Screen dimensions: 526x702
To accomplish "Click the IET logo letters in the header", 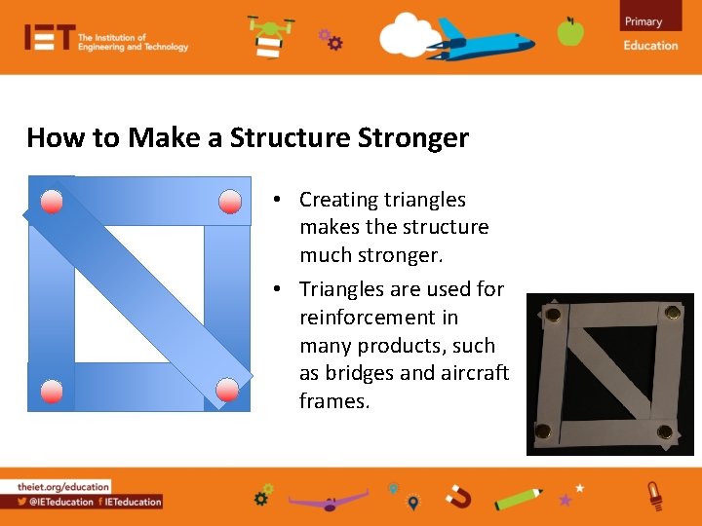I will point(49,37).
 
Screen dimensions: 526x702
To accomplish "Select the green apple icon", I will point(570,31).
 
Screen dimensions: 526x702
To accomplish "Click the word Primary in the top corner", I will point(643,21).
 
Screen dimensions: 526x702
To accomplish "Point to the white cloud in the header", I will point(409,35).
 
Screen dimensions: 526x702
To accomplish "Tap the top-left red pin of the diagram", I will point(53,203).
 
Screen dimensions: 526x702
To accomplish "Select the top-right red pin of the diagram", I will point(230,203).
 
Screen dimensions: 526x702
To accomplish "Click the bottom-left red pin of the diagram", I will point(53,391).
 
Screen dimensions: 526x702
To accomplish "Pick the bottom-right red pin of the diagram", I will point(227,390).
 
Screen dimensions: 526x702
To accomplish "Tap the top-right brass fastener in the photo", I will point(672,313).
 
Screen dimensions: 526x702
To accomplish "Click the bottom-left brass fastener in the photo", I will point(542,430).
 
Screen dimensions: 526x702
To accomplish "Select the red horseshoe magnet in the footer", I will point(457,498).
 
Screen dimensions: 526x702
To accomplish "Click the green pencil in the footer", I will point(519,498).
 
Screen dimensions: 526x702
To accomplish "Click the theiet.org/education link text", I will point(63,486).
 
